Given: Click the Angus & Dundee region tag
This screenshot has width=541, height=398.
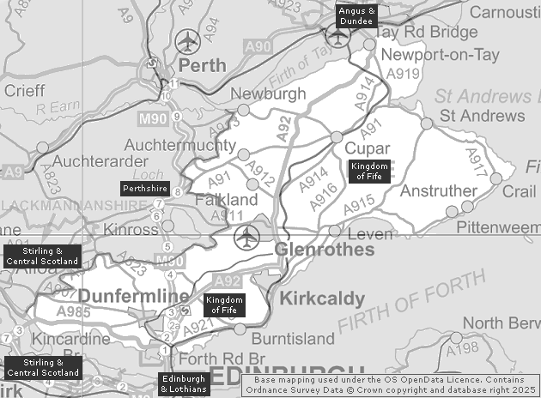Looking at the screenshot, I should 357,15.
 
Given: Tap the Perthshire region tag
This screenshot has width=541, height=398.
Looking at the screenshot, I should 144,187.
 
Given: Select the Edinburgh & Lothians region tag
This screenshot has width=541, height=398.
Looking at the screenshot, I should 184,383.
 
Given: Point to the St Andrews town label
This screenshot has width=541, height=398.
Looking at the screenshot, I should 482,116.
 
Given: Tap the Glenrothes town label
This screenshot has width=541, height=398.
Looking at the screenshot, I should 325,250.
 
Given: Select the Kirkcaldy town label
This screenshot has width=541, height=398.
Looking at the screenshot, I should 322,298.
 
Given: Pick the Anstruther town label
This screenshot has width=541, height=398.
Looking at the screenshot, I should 438,190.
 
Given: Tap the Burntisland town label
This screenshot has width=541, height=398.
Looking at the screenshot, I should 292,339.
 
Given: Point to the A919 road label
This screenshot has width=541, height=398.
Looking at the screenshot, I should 402,74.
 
